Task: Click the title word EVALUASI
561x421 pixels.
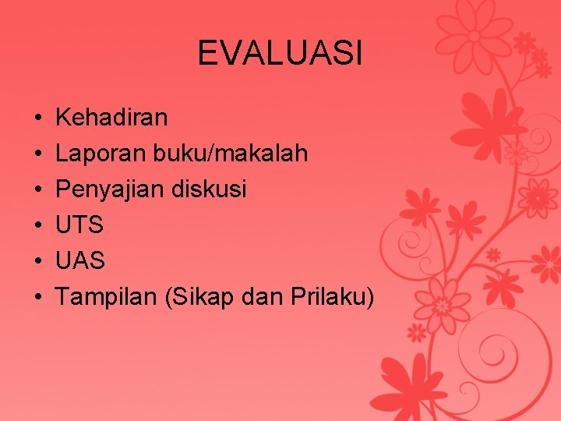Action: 280,54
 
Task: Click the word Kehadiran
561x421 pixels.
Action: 111,118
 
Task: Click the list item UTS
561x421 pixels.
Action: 80,225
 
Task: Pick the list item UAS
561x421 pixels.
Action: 81,261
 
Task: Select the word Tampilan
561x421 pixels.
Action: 108,297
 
